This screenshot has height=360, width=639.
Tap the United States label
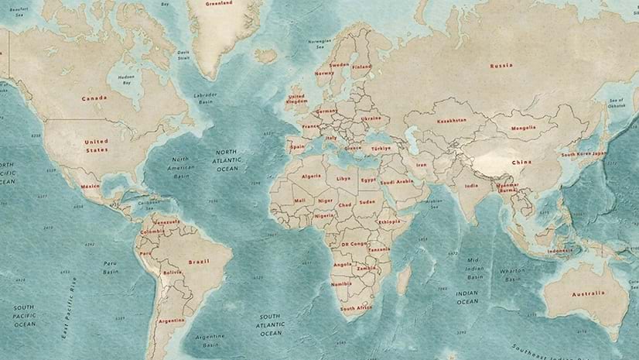point(97,145)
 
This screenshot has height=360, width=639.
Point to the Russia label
point(501,66)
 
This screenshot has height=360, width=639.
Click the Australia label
point(589,293)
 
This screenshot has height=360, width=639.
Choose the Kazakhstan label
point(452,121)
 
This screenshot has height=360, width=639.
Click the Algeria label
point(309,177)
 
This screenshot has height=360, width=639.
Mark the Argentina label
point(171,321)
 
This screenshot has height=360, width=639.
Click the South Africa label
point(356,308)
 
